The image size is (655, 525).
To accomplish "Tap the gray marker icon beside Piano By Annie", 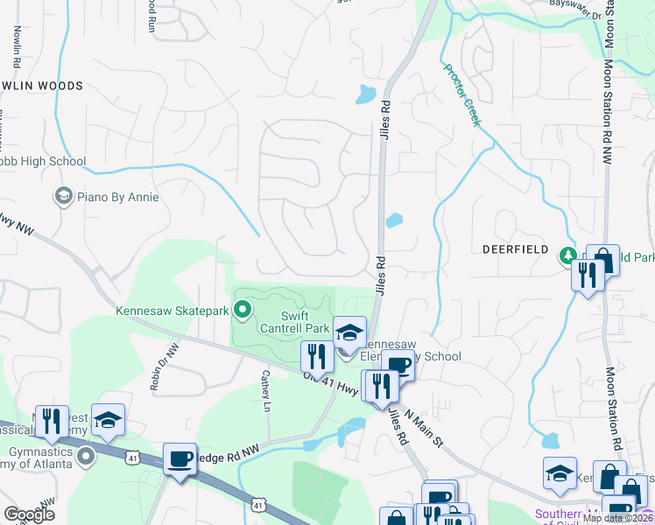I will [x=63, y=196].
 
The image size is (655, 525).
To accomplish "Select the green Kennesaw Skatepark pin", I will [x=243, y=309].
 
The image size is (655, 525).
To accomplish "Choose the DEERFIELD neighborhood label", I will [x=515, y=249].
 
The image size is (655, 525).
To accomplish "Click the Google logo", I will [x=30, y=514].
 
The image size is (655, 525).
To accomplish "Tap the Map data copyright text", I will [x=617, y=518].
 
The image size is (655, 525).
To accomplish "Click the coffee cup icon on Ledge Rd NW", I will [x=180, y=458].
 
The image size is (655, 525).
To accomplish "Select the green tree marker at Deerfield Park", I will [x=567, y=255].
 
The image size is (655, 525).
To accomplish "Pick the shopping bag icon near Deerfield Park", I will [x=602, y=260].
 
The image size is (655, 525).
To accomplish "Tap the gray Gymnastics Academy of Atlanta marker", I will [x=86, y=457].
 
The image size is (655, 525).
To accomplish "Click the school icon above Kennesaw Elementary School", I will [x=349, y=332].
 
